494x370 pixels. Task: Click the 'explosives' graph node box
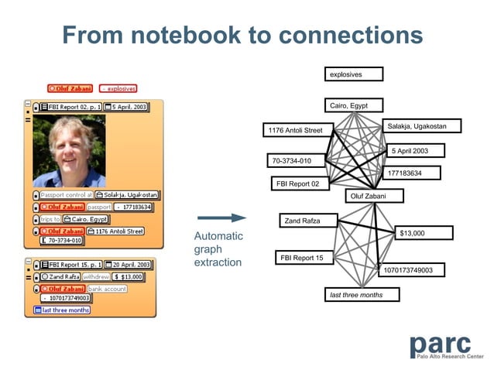point(354,74)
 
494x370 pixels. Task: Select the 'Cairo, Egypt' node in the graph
point(354,105)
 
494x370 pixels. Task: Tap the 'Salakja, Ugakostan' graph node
point(422,125)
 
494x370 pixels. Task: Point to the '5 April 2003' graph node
point(416,150)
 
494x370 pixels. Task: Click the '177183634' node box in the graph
point(411,173)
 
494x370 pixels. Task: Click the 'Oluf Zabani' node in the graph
point(374,197)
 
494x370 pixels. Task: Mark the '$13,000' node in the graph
point(424,233)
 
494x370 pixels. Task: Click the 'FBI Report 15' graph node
point(304,258)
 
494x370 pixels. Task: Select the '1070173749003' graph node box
point(413,270)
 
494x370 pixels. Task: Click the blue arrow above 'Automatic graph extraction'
point(221,219)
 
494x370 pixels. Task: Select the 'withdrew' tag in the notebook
point(96,276)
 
